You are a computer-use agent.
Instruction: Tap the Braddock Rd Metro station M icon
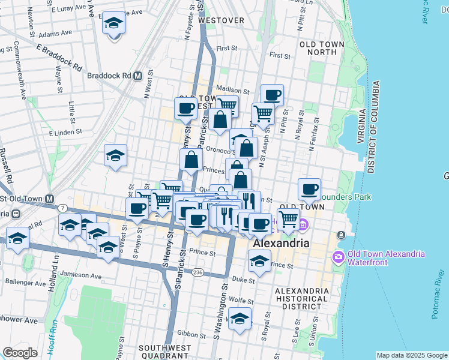(137, 76)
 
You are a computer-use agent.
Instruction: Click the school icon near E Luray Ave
(113, 24)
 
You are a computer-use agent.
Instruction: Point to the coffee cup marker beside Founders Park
(309, 190)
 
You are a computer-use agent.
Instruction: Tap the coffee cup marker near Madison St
(272, 95)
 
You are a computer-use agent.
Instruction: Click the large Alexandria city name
(281, 244)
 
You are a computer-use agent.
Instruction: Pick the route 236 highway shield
(197, 272)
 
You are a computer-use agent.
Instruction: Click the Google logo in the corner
(20, 353)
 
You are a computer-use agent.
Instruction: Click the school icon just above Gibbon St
(240, 320)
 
